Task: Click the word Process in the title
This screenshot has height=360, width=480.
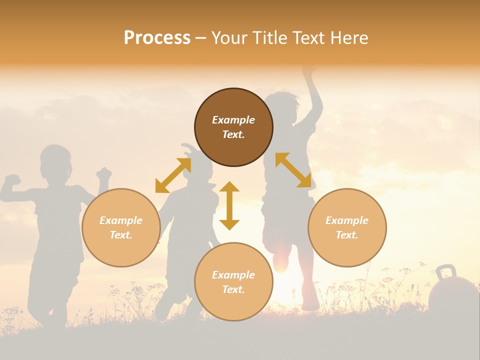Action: [x=157, y=38]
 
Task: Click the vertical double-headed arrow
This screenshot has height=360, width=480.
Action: [x=229, y=205]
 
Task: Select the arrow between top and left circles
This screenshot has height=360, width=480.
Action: [x=173, y=175]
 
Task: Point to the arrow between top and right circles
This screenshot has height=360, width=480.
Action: [x=293, y=170]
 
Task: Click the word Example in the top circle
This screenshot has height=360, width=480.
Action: [x=233, y=120]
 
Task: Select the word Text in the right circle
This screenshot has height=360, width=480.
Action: [x=347, y=235]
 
